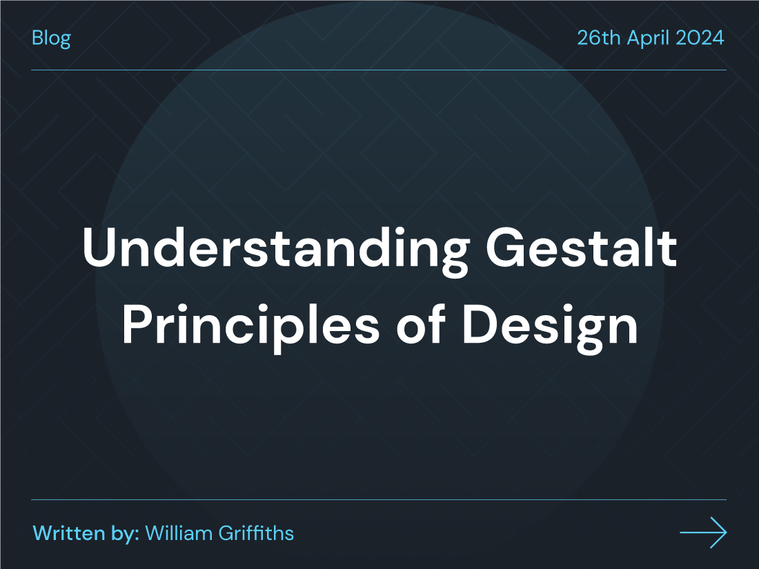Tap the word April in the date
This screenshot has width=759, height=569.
click(647, 37)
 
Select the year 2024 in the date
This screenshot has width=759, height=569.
click(700, 37)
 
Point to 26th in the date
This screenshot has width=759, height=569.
click(598, 37)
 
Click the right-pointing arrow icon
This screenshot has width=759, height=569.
click(703, 532)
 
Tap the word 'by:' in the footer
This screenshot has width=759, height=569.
click(125, 533)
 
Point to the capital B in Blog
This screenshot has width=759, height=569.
click(37, 37)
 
